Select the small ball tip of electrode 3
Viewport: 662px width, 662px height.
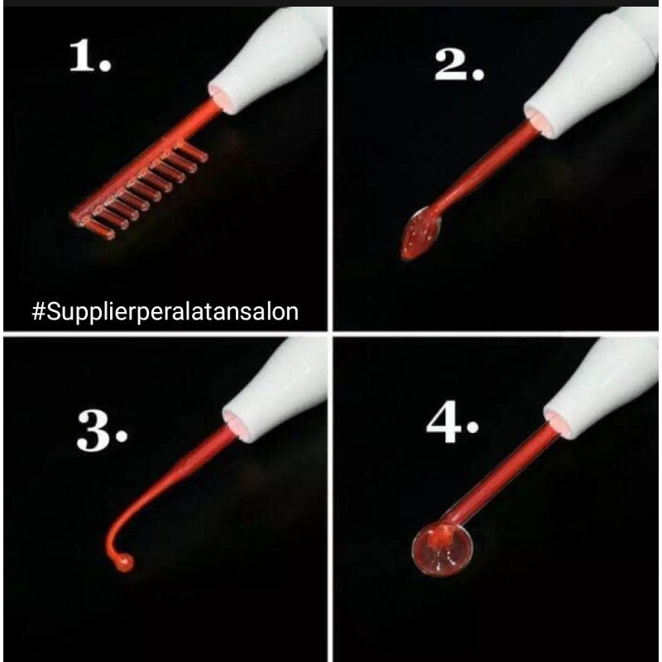[122, 563]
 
